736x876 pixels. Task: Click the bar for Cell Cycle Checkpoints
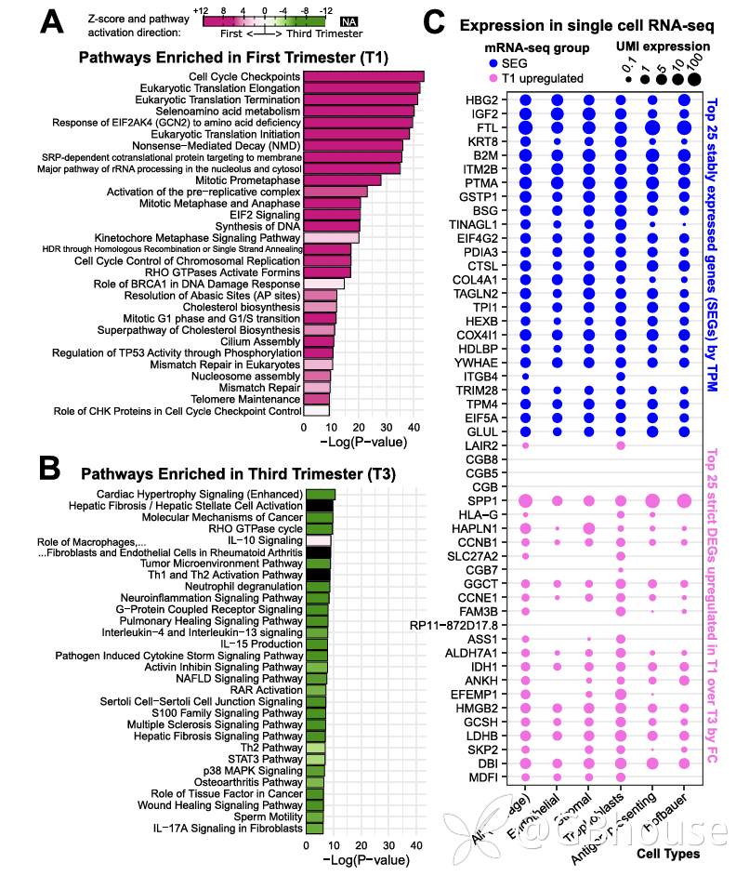[x=363, y=76]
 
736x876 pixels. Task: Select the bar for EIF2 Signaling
[x=332, y=214]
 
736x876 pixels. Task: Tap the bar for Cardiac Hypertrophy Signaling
[x=320, y=494]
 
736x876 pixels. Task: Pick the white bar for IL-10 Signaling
[x=318, y=540]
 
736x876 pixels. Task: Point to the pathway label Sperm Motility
[x=269, y=816]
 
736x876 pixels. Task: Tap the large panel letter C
[x=437, y=24]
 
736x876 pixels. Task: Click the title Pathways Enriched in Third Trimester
[x=237, y=473]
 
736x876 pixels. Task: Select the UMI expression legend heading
[x=663, y=46]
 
